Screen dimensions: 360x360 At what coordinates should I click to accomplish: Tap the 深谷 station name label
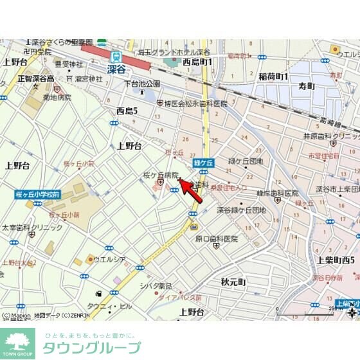coord(116,68)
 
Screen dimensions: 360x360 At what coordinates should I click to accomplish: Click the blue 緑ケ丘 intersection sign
coord(204,163)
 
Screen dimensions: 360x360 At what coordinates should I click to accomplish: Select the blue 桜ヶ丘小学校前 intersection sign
coord(38,194)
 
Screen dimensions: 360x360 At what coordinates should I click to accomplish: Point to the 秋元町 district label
coord(233,282)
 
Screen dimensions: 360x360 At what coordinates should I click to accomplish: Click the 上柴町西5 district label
coord(336,260)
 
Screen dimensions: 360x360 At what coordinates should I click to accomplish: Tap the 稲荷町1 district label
coord(273,77)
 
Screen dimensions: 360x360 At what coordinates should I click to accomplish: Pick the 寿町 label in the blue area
coord(307,85)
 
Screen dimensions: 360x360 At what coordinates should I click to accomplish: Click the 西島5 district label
coord(127,111)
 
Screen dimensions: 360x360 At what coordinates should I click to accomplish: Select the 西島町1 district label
coord(197,62)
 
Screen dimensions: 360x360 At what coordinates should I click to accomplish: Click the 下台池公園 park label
coord(142,84)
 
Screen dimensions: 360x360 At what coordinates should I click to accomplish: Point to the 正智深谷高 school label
coord(36,78)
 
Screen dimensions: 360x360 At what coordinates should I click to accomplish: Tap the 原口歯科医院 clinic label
coord(216,239)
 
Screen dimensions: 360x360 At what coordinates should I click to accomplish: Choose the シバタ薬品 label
coord(156,285)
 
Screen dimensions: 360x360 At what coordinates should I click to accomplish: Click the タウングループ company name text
coord(91,348)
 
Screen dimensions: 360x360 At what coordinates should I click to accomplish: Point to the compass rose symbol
coord(352,313)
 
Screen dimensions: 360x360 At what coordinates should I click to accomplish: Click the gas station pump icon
coord(98,293)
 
